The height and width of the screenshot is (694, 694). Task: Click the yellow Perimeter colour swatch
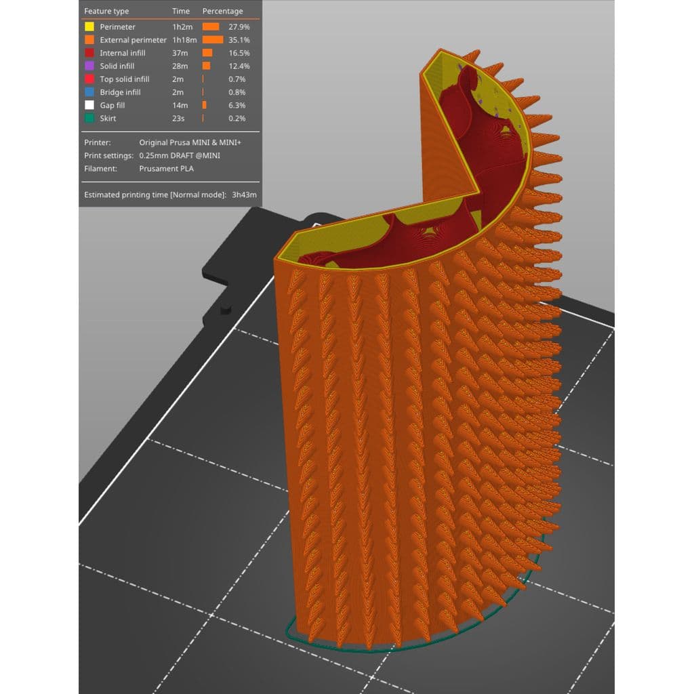tap(89, 26)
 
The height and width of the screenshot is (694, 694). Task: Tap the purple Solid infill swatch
tap(89, 66)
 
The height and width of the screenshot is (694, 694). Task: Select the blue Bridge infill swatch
tap(89, 92)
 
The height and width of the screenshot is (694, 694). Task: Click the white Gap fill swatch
tap(89, 105)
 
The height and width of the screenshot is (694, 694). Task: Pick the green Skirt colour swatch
tap(89, 118)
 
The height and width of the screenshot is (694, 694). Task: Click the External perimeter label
tap(134, 40)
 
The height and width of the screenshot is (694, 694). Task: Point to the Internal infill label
tap(123, 53)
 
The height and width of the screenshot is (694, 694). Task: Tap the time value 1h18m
tap(184, 40)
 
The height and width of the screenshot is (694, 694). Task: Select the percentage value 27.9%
tap(239, 27)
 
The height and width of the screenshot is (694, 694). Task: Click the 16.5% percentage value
tap(239, 53)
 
